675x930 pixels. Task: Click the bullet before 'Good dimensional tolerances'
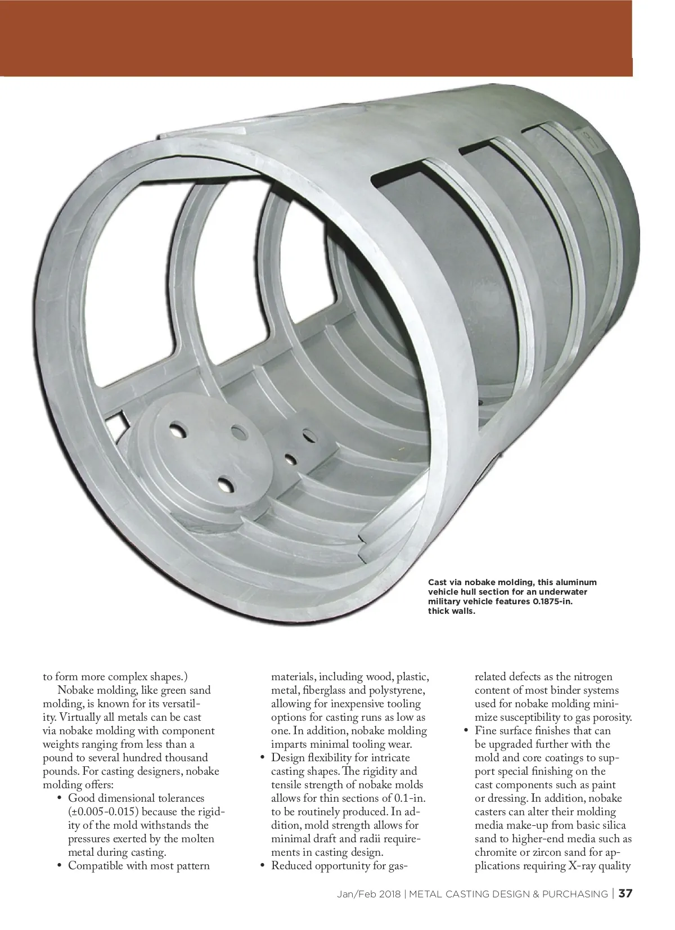click(60, 798)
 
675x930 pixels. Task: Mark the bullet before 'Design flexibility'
click(263, 758)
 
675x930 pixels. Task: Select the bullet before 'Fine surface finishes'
click(466, 731)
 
